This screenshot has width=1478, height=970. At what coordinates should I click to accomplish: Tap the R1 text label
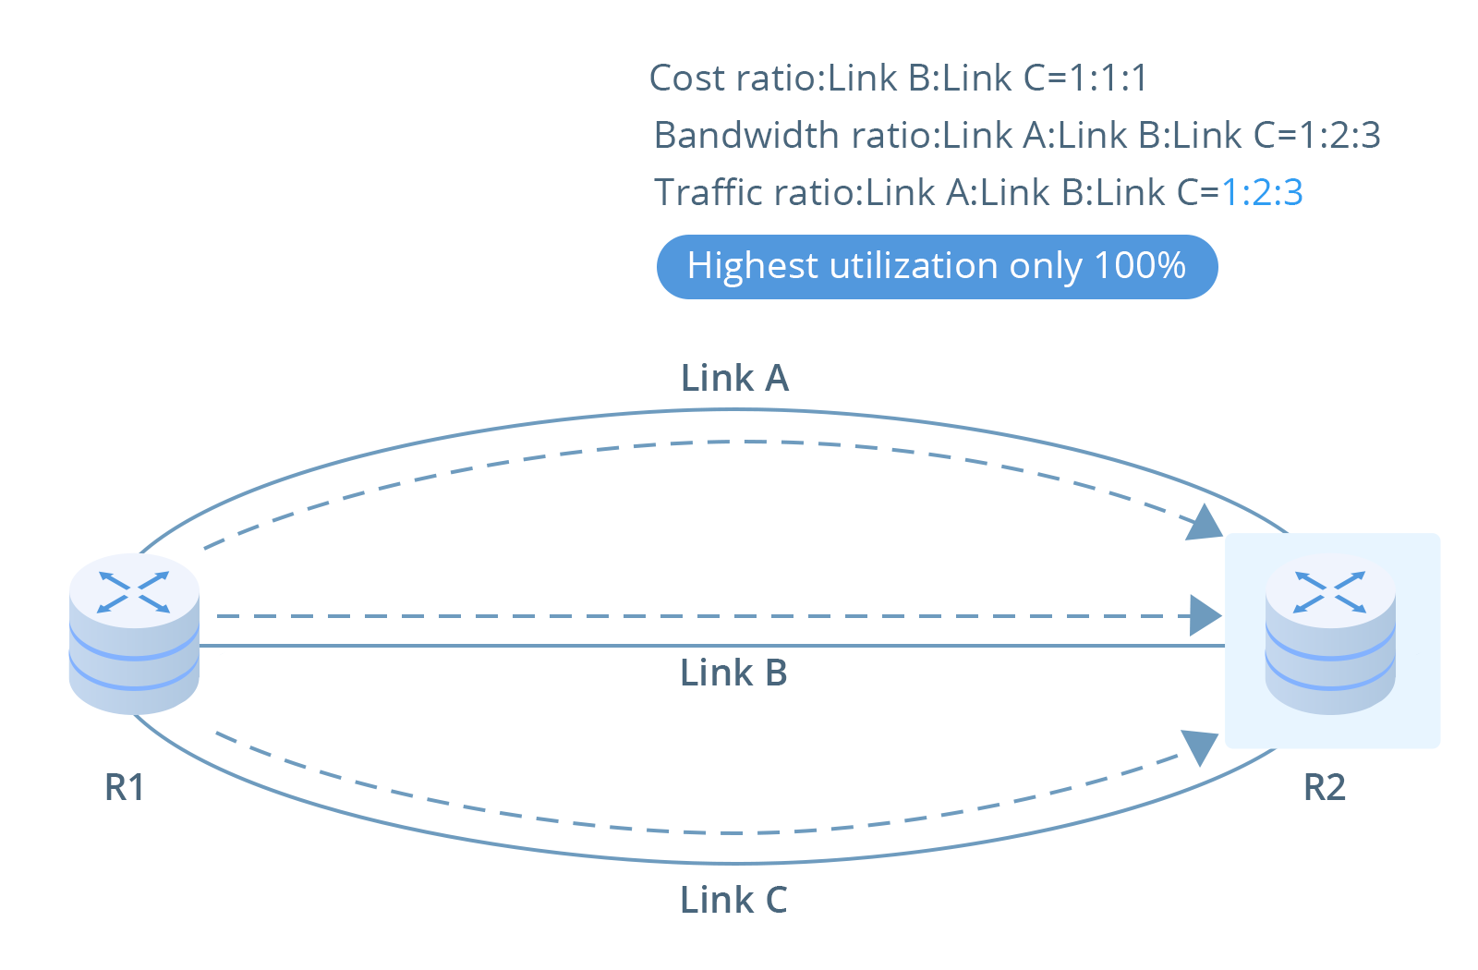tap(125, 787)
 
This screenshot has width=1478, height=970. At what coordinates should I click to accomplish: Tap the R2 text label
tap(1324, 787)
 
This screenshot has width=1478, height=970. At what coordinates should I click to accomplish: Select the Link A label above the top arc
tap(734, 378)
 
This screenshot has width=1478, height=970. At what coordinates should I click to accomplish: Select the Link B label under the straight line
tap(733, 673)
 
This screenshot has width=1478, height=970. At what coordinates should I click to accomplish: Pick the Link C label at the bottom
tap(733, 900)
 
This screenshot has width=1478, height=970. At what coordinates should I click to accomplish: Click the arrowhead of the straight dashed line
tap(1205, 615)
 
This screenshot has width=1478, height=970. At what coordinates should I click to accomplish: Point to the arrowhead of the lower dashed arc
tap(1199, 746)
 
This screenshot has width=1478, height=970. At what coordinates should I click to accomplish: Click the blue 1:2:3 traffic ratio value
tap(1262, 192)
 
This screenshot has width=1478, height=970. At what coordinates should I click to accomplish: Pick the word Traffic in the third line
tap(709, 192)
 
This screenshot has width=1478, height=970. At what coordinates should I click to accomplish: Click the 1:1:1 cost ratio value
tap(1108, 78)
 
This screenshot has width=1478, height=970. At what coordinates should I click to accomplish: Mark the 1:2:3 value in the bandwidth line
tap(1339, 135)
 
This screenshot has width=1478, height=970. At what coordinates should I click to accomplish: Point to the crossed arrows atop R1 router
tap(134, 592)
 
